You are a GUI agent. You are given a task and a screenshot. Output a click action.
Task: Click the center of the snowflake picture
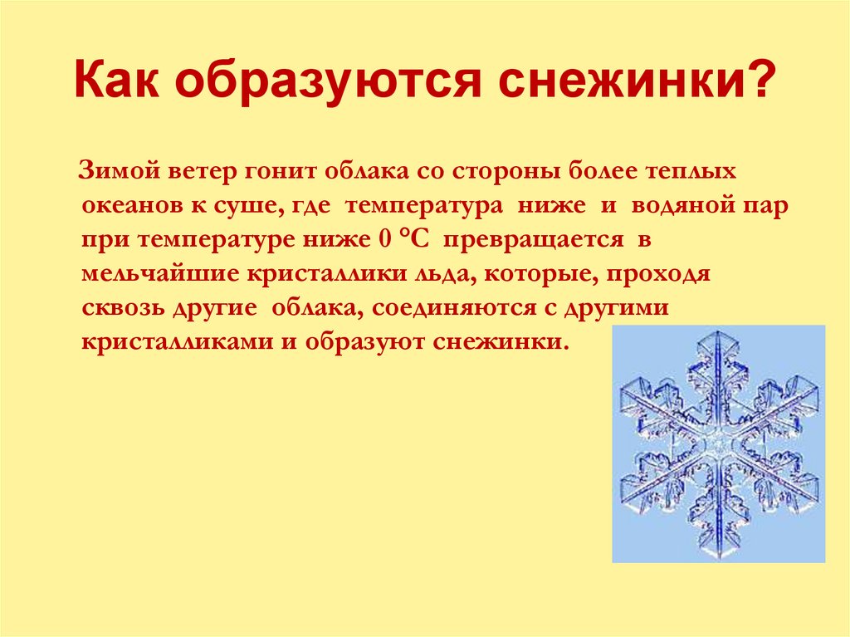tap(719, 444)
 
